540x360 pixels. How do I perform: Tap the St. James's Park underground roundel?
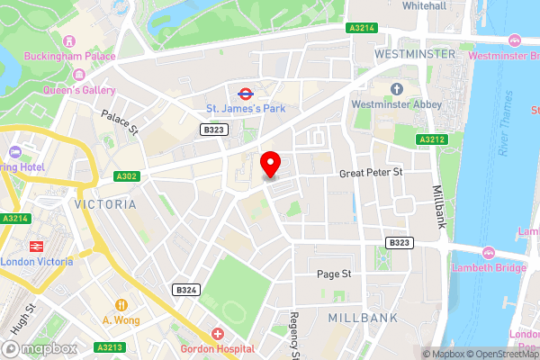coord(244,93)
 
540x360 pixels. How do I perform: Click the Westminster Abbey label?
coord(397,104)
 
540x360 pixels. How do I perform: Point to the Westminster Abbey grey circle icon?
coord(397,88)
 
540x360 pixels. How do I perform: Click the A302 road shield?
coord(126,176)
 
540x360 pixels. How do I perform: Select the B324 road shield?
coord(186,290)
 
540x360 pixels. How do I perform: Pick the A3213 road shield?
coord(109,347)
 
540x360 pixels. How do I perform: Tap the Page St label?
coord(333,274)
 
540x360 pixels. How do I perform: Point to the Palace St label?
coord(119,122)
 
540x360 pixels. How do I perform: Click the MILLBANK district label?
coord(359,318)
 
